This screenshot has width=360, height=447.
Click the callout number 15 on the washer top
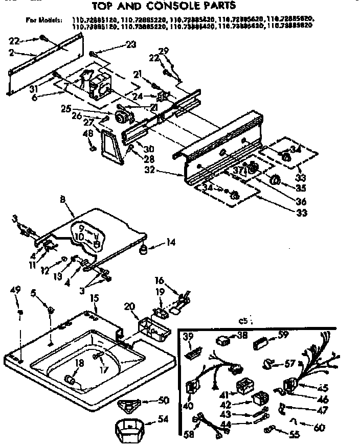click(94, 297)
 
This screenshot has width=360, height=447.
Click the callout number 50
click(164, 399)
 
